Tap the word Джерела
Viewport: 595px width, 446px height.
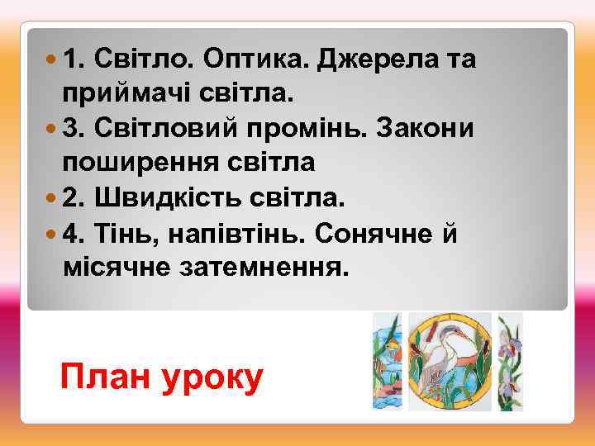click(x=381, y=60)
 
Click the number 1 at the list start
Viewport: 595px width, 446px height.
click(x=71, y=60)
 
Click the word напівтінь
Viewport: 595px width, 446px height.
click(x=236, y=235)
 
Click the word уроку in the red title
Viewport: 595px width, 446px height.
click(x=214, y=377)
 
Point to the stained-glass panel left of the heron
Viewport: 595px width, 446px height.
click(x=386, y=361)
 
